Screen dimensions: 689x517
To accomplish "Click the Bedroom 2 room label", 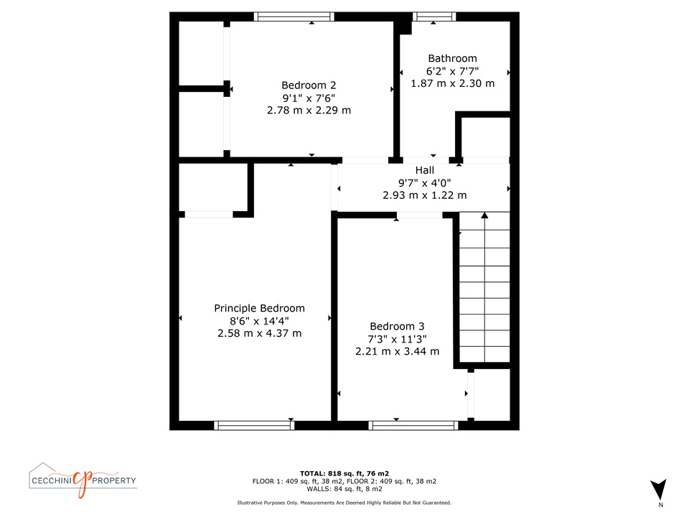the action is [309, 85].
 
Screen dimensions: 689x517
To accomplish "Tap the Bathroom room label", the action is [452, 58].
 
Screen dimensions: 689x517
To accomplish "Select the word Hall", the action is [424, 170].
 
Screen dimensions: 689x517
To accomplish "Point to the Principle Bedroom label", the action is [259, 309].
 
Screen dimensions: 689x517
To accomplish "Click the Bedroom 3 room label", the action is [397, 326].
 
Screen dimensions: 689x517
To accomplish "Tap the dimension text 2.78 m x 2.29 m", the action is [309, 111].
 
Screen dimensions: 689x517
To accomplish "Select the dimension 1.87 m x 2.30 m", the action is [453, 83].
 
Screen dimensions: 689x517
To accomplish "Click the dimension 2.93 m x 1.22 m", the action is [424, 195].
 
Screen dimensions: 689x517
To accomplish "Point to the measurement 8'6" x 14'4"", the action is [259, 321].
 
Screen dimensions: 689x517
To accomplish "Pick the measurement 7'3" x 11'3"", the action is [397, 339].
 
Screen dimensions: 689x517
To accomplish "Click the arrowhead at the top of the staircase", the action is [484, 215].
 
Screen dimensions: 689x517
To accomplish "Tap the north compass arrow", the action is [658, 489].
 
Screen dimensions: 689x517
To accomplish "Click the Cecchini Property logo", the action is [83, 480].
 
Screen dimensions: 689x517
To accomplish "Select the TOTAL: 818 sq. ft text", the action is [332, 473].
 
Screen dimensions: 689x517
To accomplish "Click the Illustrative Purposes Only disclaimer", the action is [344, 503].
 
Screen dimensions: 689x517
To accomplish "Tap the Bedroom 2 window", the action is [294, 17].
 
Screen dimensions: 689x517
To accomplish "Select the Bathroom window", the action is [434, 17].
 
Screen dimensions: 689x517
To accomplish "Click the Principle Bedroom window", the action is [254, 425].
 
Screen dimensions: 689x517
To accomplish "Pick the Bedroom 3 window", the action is [413, 425].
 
